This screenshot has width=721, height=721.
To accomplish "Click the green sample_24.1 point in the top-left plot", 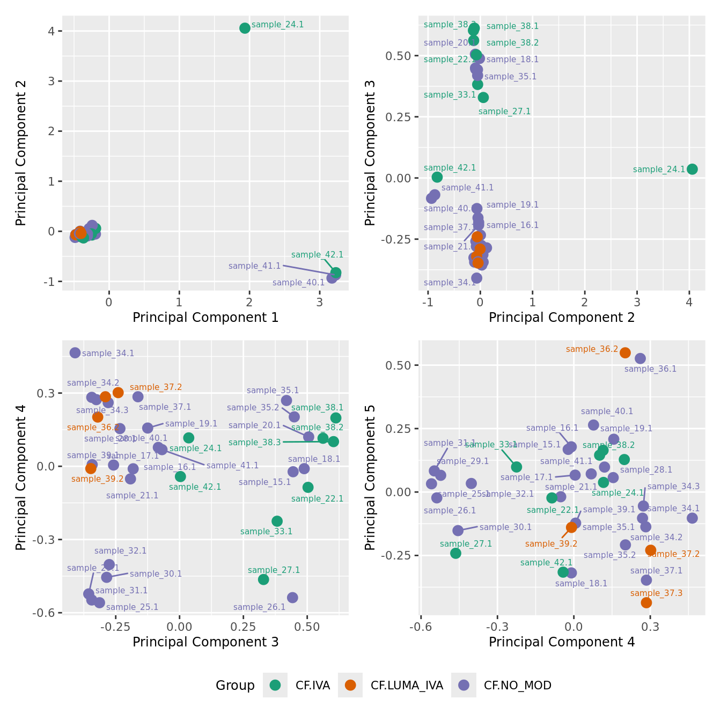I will [245, 28].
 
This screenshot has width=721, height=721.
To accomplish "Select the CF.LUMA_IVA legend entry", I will [407, 685].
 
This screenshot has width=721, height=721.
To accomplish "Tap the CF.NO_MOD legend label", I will [517, 685].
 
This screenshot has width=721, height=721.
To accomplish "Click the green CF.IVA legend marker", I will [275, 685].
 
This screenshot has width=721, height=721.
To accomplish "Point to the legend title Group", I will [235, 685].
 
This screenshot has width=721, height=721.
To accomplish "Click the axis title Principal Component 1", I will [205, 318].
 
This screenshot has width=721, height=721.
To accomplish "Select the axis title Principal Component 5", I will [370, 477].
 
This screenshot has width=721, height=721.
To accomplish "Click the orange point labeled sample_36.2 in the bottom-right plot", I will [625, 352].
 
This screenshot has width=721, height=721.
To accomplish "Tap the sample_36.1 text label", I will [650, 369].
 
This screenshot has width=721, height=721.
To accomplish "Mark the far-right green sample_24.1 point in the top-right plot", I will [692, 169].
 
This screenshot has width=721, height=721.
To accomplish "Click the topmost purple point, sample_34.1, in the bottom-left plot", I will [75, 352].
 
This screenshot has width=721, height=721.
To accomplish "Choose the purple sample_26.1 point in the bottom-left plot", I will [292, 598].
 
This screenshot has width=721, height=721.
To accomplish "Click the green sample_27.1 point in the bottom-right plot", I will [455, 553].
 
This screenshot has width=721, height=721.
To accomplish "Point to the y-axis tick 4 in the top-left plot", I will [51, 31].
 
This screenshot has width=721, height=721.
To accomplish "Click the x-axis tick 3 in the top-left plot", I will [320, 302].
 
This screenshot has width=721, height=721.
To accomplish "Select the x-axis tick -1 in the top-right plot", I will [428, 302].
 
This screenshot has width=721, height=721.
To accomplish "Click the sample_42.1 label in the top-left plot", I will [317, 255].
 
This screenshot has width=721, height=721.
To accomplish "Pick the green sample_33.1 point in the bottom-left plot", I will [277, 521].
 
